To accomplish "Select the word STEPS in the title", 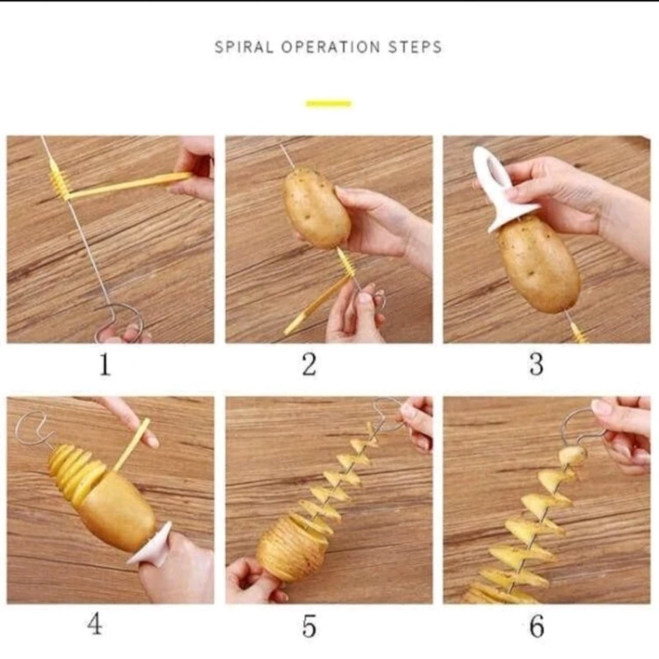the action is pos(415,47).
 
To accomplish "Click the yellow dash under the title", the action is pos(329,104).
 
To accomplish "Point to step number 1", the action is pos(105,364).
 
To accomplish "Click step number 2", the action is pos(309,364).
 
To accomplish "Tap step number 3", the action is pos(536,364).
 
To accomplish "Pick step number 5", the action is pos(309,626).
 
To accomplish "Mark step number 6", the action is pos(537,626).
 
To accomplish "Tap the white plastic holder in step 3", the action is pos(498,189).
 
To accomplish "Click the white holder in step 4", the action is pos(152,546).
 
